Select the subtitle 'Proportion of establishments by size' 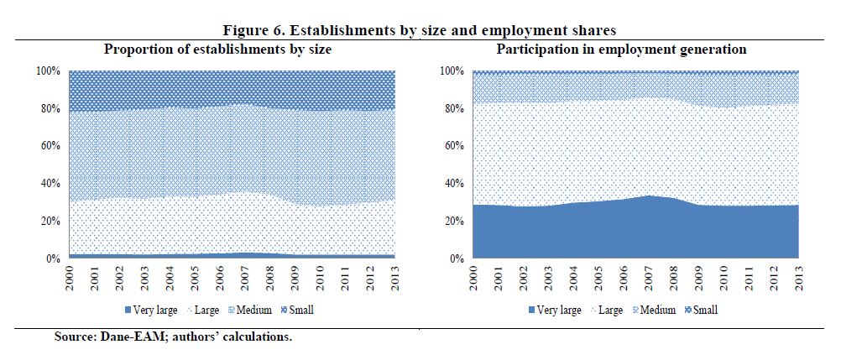(x=217, y=50)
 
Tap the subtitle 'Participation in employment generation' (x=620, y=50)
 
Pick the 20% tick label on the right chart (x=452, y=222)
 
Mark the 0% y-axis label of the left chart (x=53, y=258)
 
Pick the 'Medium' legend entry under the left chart (x=248, y=310)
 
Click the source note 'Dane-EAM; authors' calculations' (x=173, y=337)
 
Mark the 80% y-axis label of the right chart (x=452, y=108)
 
